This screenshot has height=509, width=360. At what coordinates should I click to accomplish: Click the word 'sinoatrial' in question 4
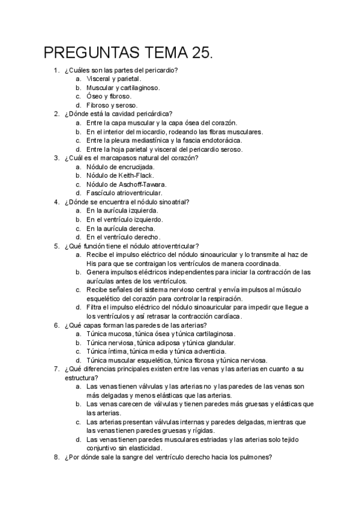[x=173, y=202]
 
